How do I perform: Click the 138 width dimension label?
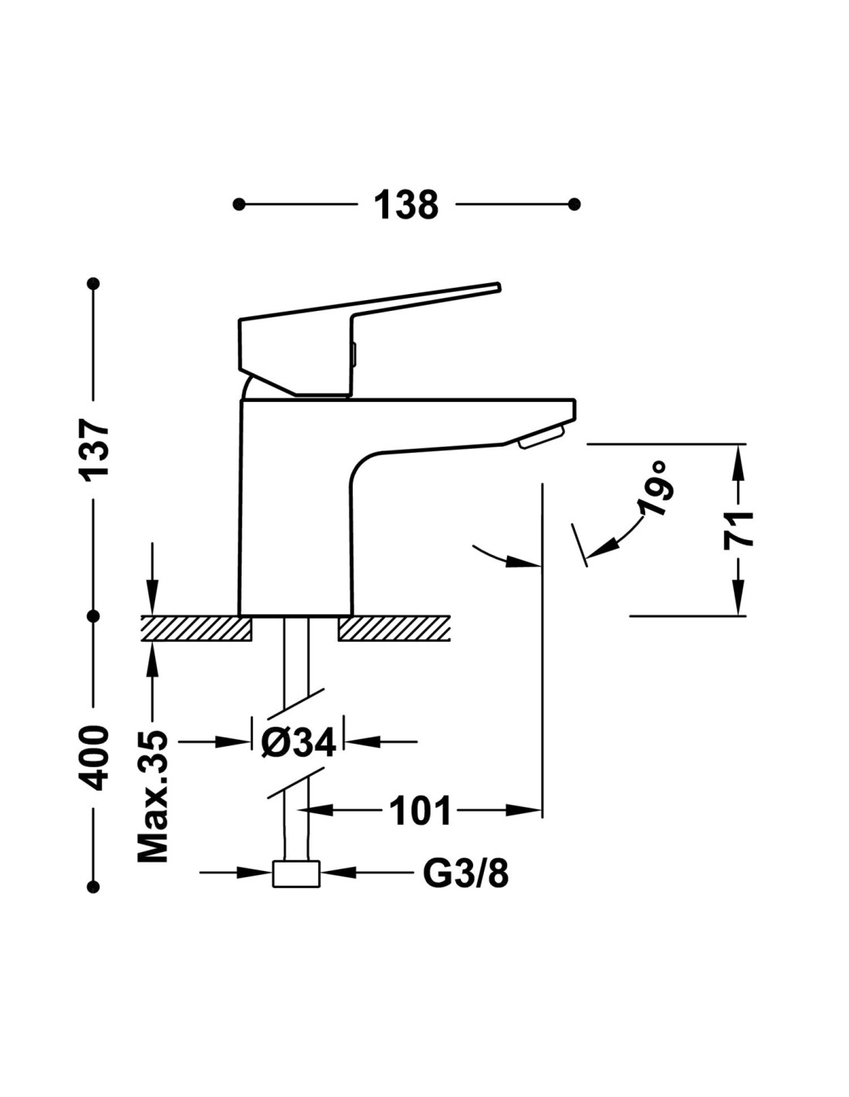click(406, 205)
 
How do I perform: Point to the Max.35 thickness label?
click(153, 796)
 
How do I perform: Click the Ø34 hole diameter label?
click(299, 743)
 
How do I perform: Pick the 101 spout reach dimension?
click(420, 811)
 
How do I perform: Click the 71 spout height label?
click(739, 529)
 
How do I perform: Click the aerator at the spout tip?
click(543, 438)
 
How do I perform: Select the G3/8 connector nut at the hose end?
click(297, 874)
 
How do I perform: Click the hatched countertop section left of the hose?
click(196, 629)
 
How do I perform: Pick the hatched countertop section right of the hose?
click(394, 629)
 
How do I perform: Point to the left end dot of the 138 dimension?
click(239, 204)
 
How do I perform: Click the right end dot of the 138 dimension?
click(573, 204)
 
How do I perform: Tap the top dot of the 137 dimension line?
click(94, 284)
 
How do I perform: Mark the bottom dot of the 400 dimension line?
click(94, 886)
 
